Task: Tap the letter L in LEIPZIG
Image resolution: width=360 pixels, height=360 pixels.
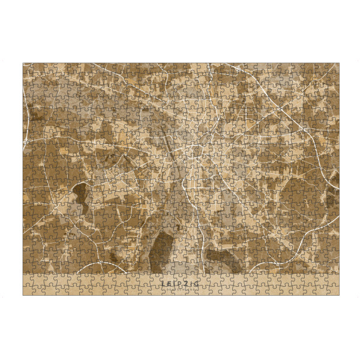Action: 163,281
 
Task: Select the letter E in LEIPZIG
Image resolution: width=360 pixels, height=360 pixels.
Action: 169,281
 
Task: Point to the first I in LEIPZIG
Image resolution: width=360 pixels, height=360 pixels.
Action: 174,281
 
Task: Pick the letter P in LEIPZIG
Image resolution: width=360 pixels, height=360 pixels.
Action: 179,281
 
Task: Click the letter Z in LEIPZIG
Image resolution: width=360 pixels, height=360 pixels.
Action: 186,281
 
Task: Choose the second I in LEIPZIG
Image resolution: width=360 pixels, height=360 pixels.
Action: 191,281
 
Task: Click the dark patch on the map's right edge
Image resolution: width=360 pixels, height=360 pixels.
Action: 334,180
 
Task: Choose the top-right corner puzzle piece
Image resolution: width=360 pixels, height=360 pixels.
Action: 333,68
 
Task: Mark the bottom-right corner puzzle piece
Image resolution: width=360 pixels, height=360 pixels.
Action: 333,290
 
